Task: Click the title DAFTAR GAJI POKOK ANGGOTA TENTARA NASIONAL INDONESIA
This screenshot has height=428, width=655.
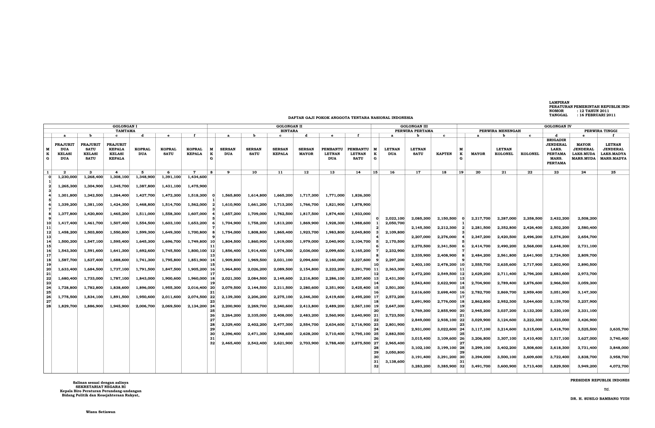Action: coord(350,118)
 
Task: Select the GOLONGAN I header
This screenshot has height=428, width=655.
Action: coord(125,126)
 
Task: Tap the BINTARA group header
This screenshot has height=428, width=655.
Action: coord(289,131)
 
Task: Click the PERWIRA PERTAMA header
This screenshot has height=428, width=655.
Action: coord(414,131)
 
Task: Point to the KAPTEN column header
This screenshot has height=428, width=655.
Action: coord(444,154)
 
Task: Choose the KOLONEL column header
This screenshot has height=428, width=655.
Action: coord(530,154)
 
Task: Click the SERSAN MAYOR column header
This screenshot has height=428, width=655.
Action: coord(306,151)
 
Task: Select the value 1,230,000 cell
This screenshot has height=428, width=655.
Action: coord(68,177)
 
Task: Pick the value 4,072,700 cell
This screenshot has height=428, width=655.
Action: coord(619,366)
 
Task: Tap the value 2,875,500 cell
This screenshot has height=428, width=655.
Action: coord(361,343)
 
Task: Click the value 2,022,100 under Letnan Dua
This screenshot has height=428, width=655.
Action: coord(395,219)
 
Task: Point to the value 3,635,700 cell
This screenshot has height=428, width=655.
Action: coord(619,329)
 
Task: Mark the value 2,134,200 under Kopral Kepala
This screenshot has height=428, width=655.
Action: coord(197,306)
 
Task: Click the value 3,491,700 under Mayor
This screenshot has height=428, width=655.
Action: coord(481,366)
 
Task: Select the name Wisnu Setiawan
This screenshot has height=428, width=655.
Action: coord(100,412)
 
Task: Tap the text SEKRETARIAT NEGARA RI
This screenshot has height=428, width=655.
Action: coord(100,387)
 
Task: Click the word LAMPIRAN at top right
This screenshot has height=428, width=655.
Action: coord(559,102)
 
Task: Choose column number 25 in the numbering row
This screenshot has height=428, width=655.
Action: coord(613,172)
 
